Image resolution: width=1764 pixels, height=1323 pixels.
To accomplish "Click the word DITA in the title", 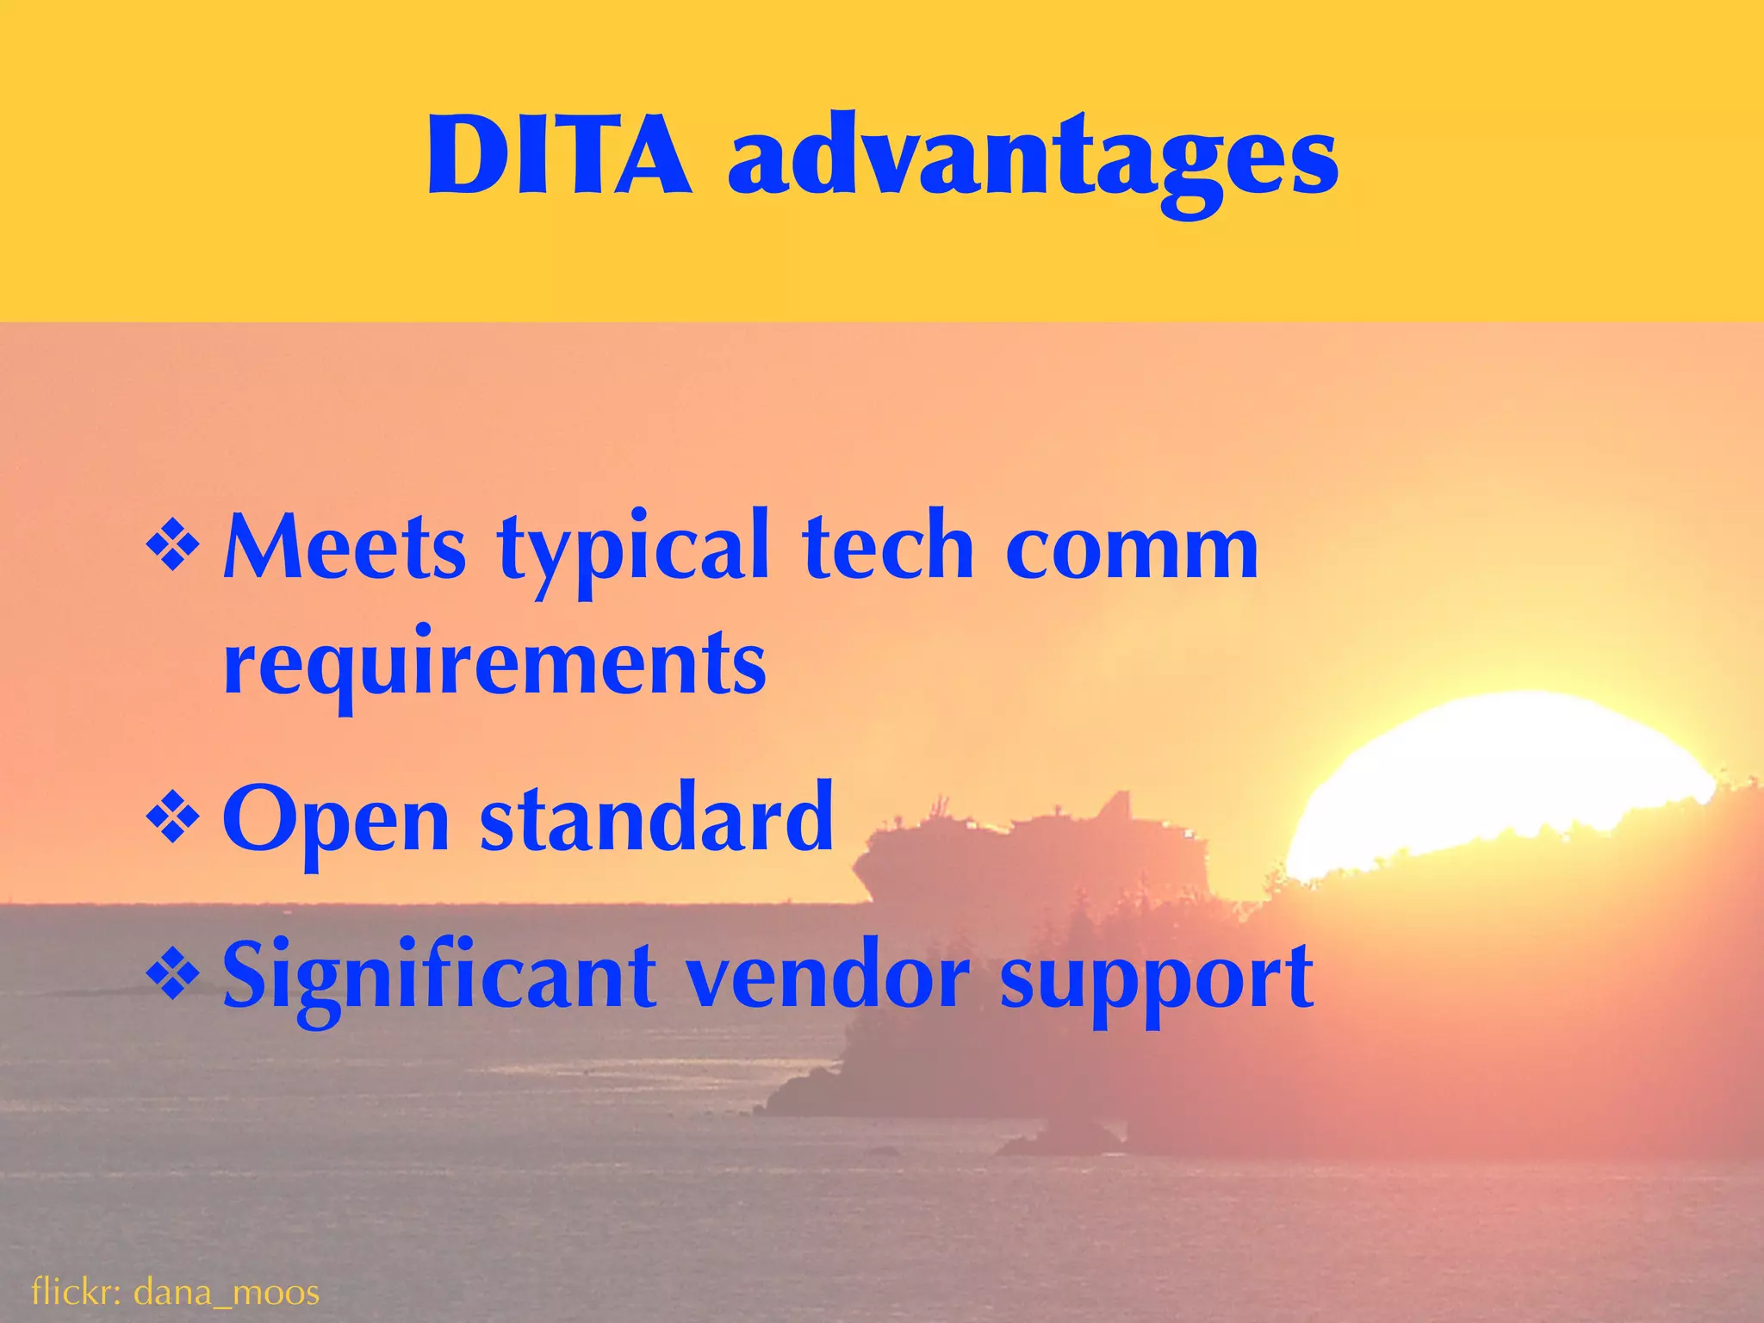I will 558,158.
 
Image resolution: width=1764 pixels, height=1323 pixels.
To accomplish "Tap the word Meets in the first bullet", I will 345,548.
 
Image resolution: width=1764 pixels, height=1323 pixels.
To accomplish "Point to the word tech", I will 888,546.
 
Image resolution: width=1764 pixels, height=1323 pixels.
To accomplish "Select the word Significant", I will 438,978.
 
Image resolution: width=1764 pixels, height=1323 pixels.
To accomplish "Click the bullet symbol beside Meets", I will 173,550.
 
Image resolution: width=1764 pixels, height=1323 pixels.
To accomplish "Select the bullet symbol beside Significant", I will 173,976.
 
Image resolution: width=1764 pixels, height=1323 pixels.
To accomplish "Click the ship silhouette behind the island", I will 1034,853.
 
